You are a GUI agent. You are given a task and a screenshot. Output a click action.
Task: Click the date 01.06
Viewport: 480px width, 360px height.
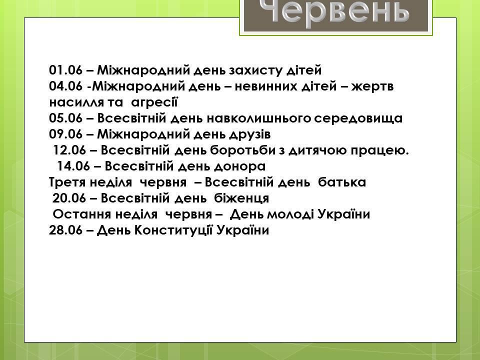[66, 70]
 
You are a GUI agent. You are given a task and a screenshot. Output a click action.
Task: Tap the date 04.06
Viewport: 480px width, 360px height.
[66, 86]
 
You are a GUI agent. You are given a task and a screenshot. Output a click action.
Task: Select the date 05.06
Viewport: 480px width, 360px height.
[66, 118]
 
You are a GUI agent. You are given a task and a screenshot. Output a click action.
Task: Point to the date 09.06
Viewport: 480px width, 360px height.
[66, 134]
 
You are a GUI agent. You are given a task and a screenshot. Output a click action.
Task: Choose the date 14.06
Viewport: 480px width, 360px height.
[74, 166]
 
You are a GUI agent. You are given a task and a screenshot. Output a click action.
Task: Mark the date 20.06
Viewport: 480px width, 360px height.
[69, 198]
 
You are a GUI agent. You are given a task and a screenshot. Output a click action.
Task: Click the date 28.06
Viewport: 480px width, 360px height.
[66, 230]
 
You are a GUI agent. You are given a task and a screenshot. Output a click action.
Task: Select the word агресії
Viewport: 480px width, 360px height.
[154, 102]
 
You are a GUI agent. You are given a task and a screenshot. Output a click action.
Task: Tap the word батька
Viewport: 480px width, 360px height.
[342, 182]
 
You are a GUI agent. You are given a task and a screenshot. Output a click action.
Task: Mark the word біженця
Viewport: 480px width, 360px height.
[241, 198]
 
